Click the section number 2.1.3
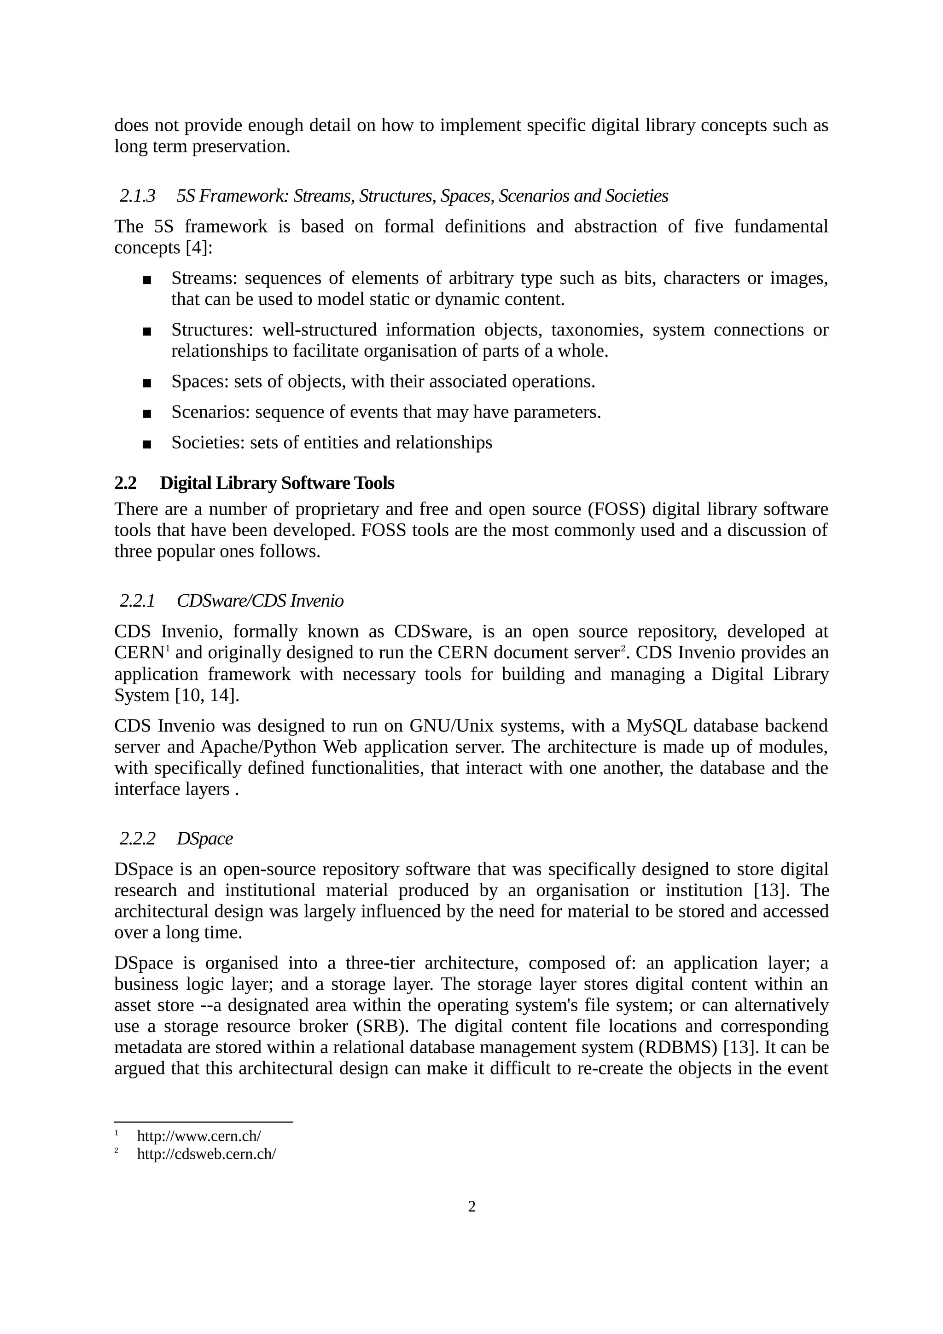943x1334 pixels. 137,197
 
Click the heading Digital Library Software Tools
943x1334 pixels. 277,483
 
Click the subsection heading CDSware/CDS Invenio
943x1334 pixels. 260,601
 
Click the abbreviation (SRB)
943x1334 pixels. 380,1027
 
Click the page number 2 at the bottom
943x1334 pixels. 471,1207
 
